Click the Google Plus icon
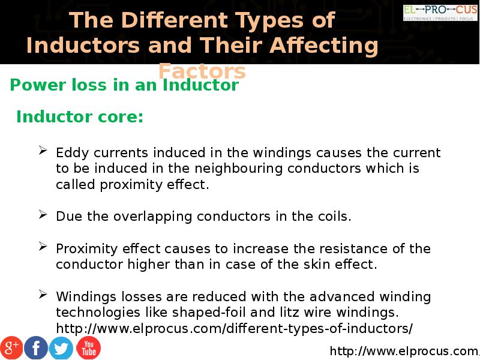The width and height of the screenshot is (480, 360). coord(11,348)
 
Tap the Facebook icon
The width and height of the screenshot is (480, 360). coord(36,348)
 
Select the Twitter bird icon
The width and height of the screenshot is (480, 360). coord(61,348)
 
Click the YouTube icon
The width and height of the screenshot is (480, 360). coord(88,348)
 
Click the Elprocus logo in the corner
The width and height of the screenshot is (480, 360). coord(440,13)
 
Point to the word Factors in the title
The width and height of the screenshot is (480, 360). coord(202,71)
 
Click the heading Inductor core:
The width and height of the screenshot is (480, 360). coord(80,116)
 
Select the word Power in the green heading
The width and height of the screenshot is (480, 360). coord(38,85)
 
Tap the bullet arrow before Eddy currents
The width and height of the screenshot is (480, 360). coord(43,151)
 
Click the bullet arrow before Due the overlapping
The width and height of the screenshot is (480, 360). coord(43,215)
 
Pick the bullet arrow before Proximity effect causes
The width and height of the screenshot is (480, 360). coord(43,246)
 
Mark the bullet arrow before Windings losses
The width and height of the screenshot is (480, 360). coord(43,295)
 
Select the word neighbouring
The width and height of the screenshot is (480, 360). coord(238,169)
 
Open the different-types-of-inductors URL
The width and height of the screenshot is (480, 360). coord(235,328)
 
